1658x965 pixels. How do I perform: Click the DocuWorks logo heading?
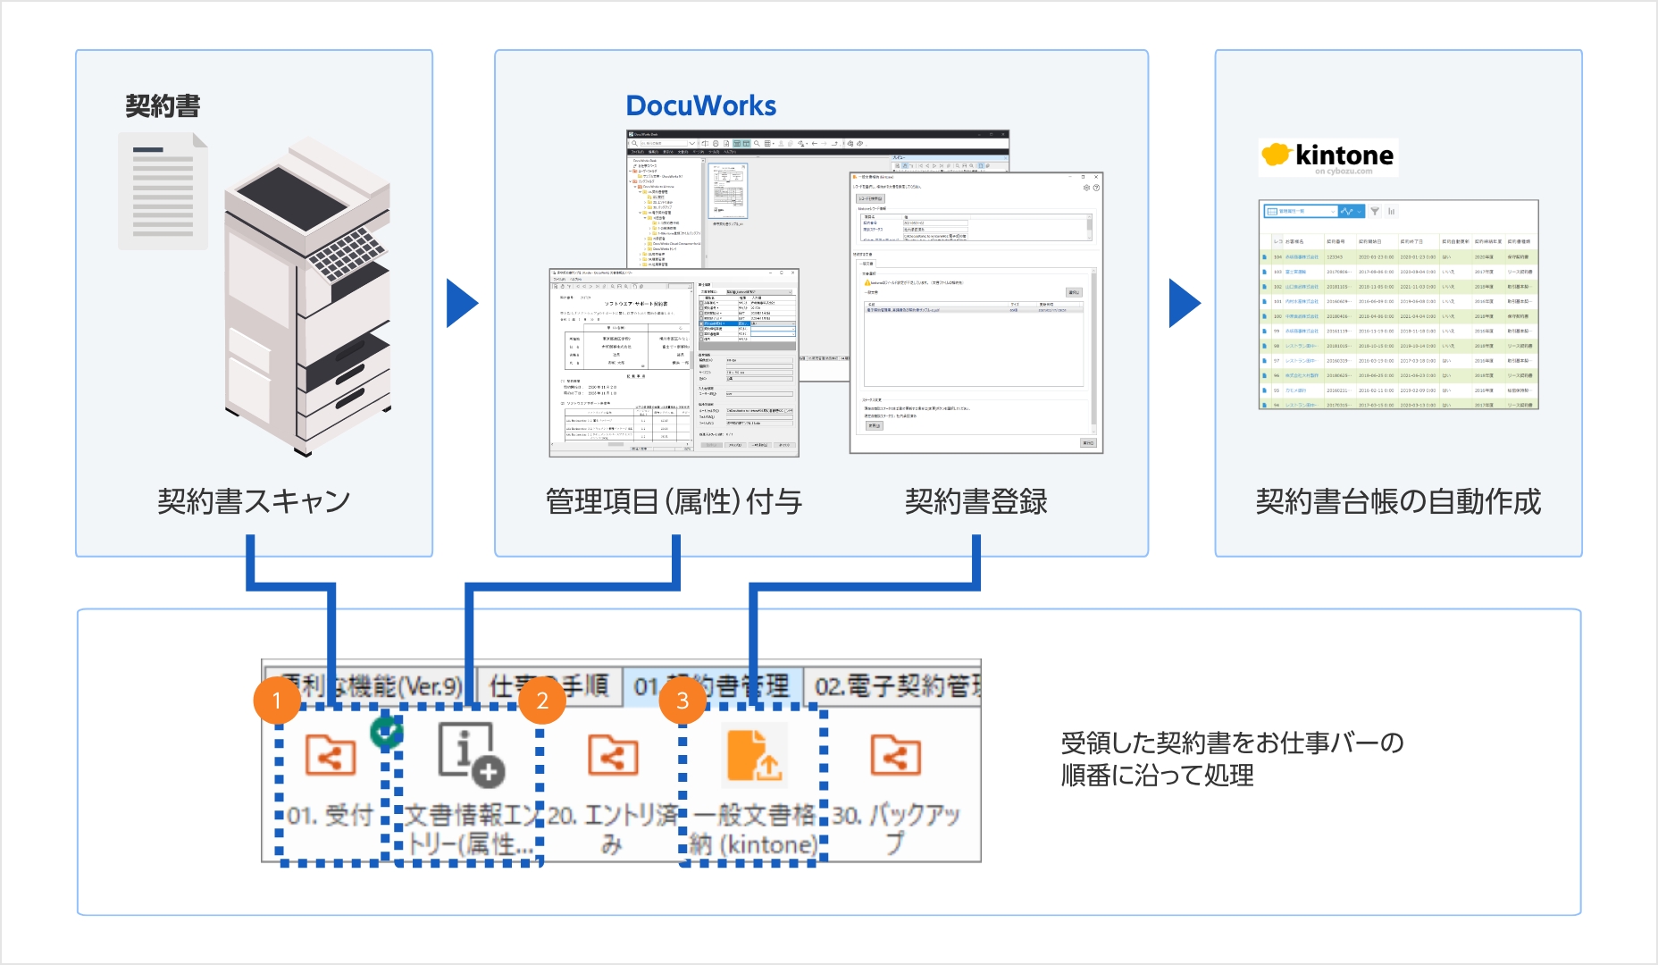(x=701, y=105)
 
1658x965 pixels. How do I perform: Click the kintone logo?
(x=1327, y=156)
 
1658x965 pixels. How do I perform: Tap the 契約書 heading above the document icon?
(x=163, y=106)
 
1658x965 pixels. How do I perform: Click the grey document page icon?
(x=163, y=190)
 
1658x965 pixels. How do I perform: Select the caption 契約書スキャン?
(x=254, y=501)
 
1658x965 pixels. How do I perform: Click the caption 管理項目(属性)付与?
(x=674, y=501)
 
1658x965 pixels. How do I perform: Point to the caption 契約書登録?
(x=976, y=501)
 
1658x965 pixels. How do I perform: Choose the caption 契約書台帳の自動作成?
(x=1398, y=501)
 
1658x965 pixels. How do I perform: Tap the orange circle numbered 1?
(x=277, y=700)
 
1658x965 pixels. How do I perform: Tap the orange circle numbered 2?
(x=542, y=700)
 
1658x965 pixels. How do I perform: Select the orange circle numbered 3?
(x=682, y=700)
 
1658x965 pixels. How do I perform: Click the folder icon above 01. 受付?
(x=330, y=755)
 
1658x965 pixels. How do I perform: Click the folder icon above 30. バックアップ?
(x=895, y=755)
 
